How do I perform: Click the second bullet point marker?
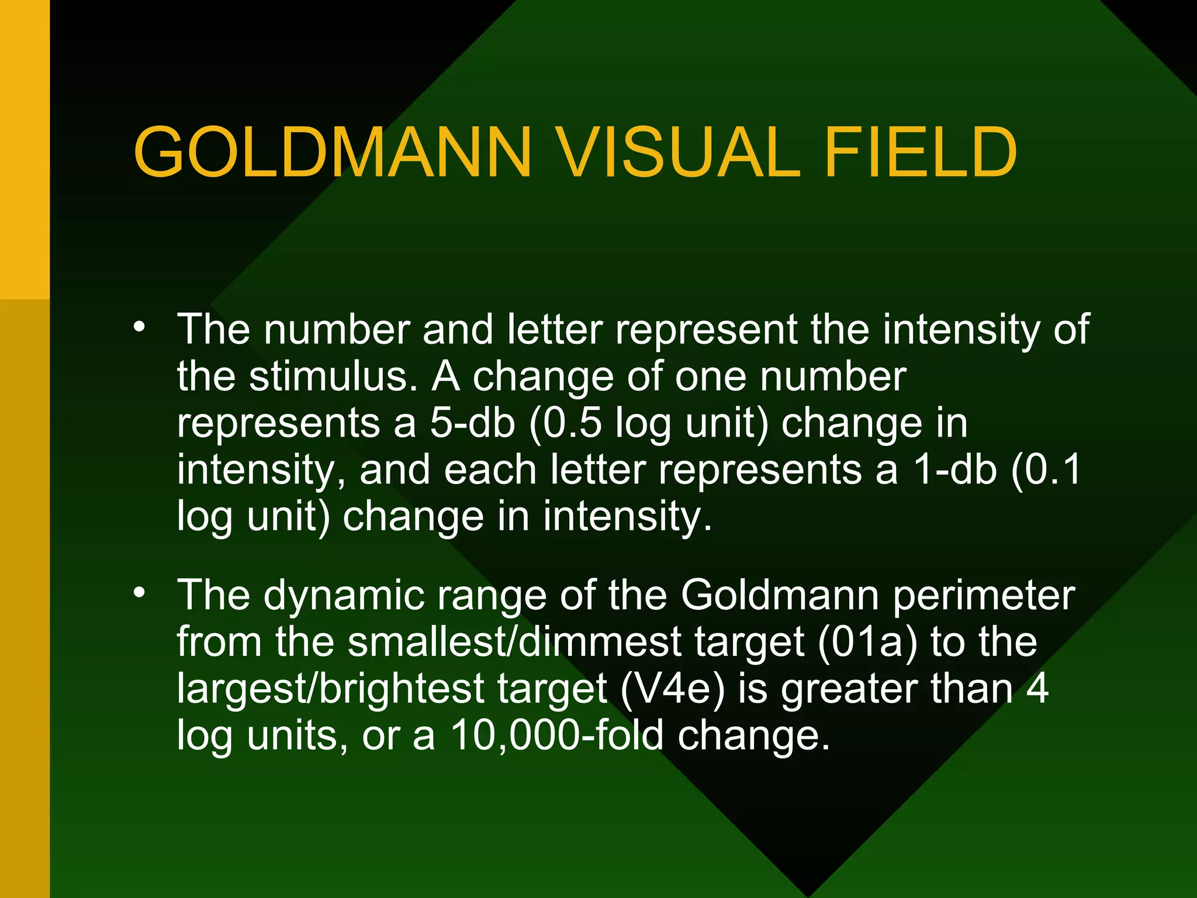pos(139,592)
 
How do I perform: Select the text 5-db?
pos(472,423)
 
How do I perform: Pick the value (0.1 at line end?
pos(1046,469)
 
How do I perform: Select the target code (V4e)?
pos(672,689)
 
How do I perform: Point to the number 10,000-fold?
pos(558,735)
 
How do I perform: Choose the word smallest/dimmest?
pos(514,642)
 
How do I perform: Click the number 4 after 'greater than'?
pos(1037,689)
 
